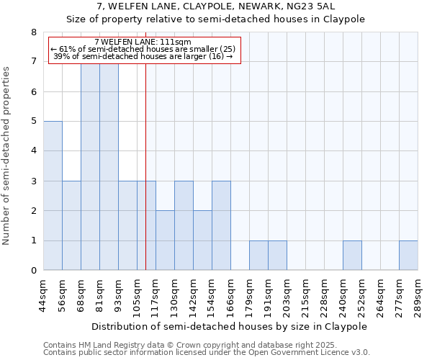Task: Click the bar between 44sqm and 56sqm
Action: pos(53,196)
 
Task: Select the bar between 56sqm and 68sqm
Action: pos(71,225)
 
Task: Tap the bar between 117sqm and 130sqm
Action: pos(165,240)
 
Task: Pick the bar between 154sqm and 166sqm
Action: pos(221,225)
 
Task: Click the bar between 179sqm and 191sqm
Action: pos(258,256)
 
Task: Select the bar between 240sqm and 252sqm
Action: pos(352,256)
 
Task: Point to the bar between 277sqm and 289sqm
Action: pos(408,256)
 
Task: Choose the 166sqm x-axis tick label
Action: pos(231,294)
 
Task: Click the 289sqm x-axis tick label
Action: pos(418,294)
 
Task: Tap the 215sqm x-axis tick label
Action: pos(306,294)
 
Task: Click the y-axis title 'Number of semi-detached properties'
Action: pos(7,156)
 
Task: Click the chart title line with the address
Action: pos(216,7)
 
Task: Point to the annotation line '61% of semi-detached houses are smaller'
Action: pos(143,48)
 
